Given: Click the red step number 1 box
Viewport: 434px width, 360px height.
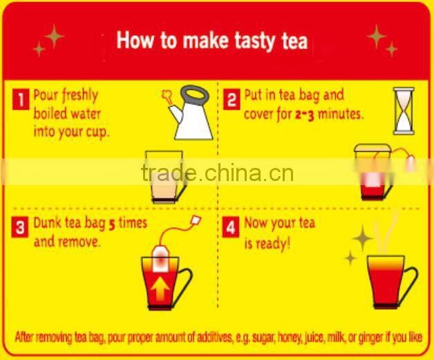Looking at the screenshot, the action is click(x=21, y=100).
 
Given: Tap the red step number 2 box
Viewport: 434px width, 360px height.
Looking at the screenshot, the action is click(x=232, y=100).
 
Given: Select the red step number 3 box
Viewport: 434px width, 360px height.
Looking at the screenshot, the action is click(x=20, y=227).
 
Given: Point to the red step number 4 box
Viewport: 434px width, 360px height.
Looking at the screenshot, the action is click(x=231, y=227).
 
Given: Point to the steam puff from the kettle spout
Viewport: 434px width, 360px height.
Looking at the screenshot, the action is click(x=167, y=97).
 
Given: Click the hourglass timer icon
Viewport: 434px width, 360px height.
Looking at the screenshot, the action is click(x=404, y=111).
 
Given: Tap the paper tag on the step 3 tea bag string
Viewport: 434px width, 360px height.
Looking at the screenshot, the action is click(x=196, y=220).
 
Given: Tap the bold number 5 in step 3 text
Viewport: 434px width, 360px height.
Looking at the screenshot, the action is click(x=112, y=225).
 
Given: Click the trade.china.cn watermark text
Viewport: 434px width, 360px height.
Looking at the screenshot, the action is click(x=217, y=172).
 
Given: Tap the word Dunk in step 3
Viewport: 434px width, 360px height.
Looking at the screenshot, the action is click(x=47, y=222).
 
